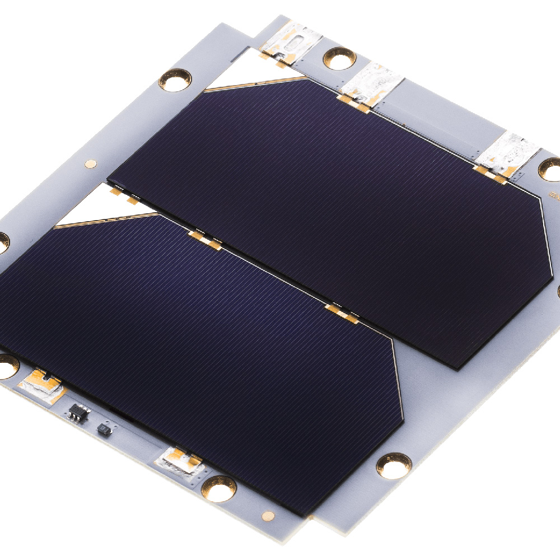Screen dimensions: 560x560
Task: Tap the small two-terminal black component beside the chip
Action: click(x=104, y=430)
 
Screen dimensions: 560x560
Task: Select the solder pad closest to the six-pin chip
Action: click(x=40, y=385)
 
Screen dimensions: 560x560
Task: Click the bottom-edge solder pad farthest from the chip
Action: click(x=178, y=462)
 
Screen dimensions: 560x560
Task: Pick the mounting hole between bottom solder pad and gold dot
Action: click(x=218, y=488)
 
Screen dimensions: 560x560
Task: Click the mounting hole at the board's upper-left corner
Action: click(x=175, y=80)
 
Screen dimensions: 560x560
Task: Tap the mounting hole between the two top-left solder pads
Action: click(x=339, y=58)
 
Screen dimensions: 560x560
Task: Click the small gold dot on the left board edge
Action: click(x=90, y=164)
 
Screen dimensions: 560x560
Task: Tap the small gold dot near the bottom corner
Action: click(x=269, y=515)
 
